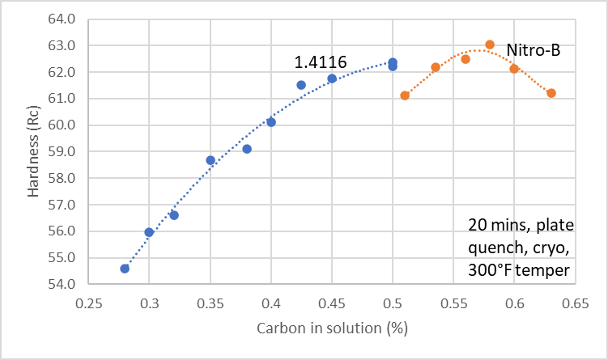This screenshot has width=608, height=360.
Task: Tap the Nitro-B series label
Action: tap(534, 50)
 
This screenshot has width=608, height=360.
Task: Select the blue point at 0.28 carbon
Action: tap(125, 269)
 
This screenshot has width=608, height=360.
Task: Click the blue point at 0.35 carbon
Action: tap(210, 160)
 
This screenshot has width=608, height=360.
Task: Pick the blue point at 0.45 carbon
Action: tap(332, 78)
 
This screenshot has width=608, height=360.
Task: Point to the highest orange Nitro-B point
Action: tap(490, 44)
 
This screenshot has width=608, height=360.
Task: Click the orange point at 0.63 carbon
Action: tap(551, 93)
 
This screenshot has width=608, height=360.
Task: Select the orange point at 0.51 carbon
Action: tap(405, 95)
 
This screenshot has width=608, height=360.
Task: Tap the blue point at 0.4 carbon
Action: tap(271, 122)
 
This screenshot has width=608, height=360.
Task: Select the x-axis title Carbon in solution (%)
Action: tap(331, 329)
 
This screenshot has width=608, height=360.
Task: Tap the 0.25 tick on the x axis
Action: tap(89, 305)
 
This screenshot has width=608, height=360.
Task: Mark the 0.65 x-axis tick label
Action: tap(575, 305)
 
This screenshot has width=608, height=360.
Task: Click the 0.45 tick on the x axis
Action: tap(332, 305)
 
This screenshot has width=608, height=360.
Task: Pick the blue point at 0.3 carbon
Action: tap(149, 232)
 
